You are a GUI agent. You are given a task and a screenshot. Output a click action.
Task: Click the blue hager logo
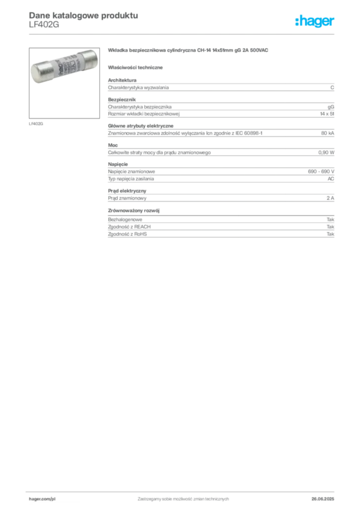[x=316, y=22]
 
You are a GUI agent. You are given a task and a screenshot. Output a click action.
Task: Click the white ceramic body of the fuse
[x=62, y=65]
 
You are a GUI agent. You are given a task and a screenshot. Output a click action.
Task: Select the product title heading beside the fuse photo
[x=189, y=51]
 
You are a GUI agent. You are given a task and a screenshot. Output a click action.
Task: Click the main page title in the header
[x=82, y=15]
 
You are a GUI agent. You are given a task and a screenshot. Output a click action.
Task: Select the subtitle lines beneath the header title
[x=44, y=26]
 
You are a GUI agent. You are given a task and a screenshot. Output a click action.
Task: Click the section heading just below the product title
[x=137, y=67]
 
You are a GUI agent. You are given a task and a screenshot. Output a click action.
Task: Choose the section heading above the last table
[x=135, y=210]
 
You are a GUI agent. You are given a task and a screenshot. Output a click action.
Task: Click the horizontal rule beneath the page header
[x=183, y=33]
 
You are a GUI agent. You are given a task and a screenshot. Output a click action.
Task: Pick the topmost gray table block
[x=221, y=86]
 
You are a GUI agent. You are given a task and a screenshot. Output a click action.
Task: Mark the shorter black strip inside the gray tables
[x=290, y=134]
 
